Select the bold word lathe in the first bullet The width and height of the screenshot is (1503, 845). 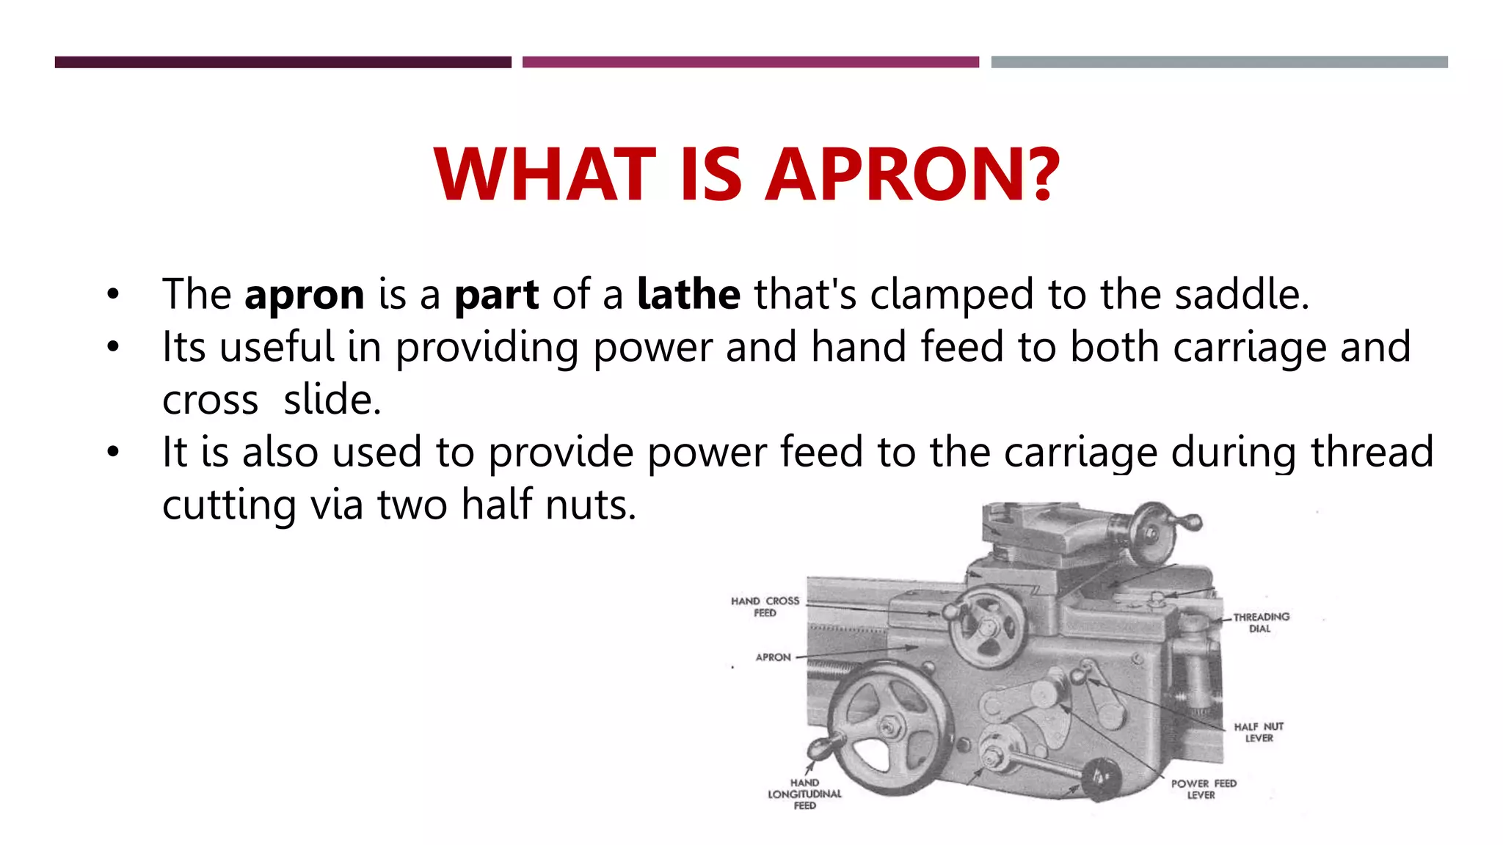coord(688,295)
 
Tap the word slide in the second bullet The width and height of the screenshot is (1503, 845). coord(332,400)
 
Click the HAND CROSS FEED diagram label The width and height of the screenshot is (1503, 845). coord(765,607)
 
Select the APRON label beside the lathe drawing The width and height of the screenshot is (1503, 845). coord(774,657)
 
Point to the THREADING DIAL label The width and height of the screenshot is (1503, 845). coord(1261,623)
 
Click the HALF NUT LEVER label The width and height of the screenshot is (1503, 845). coord(1259,732)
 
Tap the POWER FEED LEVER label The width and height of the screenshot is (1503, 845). coord(1204,789)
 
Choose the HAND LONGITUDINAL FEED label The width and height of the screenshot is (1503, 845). coord(804,794)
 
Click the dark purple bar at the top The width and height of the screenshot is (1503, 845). coord(283,62)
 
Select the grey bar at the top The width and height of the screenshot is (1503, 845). coord(1219,62)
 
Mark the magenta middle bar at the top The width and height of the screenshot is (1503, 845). coord(750,62)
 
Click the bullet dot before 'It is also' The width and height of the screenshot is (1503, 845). coord(112,452)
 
